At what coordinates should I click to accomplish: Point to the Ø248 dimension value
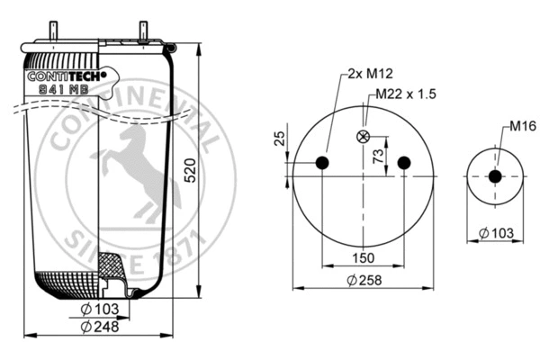(x=99, y=326)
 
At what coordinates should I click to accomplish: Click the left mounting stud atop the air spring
(x=53, y=32)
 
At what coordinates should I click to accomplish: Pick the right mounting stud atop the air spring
(x=143, y=31)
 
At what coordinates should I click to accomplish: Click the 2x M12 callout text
(x=368, y=76)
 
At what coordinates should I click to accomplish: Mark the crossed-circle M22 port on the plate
(x=364, y=137)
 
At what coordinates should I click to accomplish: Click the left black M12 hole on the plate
(x=323, y=163)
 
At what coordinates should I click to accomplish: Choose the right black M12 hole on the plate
(x=404, y=163)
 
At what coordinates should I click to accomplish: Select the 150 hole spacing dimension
(x=363, y=258)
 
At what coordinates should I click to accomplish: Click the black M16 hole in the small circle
(x=494, y=176)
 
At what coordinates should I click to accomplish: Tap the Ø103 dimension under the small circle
(x=496, y=234)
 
